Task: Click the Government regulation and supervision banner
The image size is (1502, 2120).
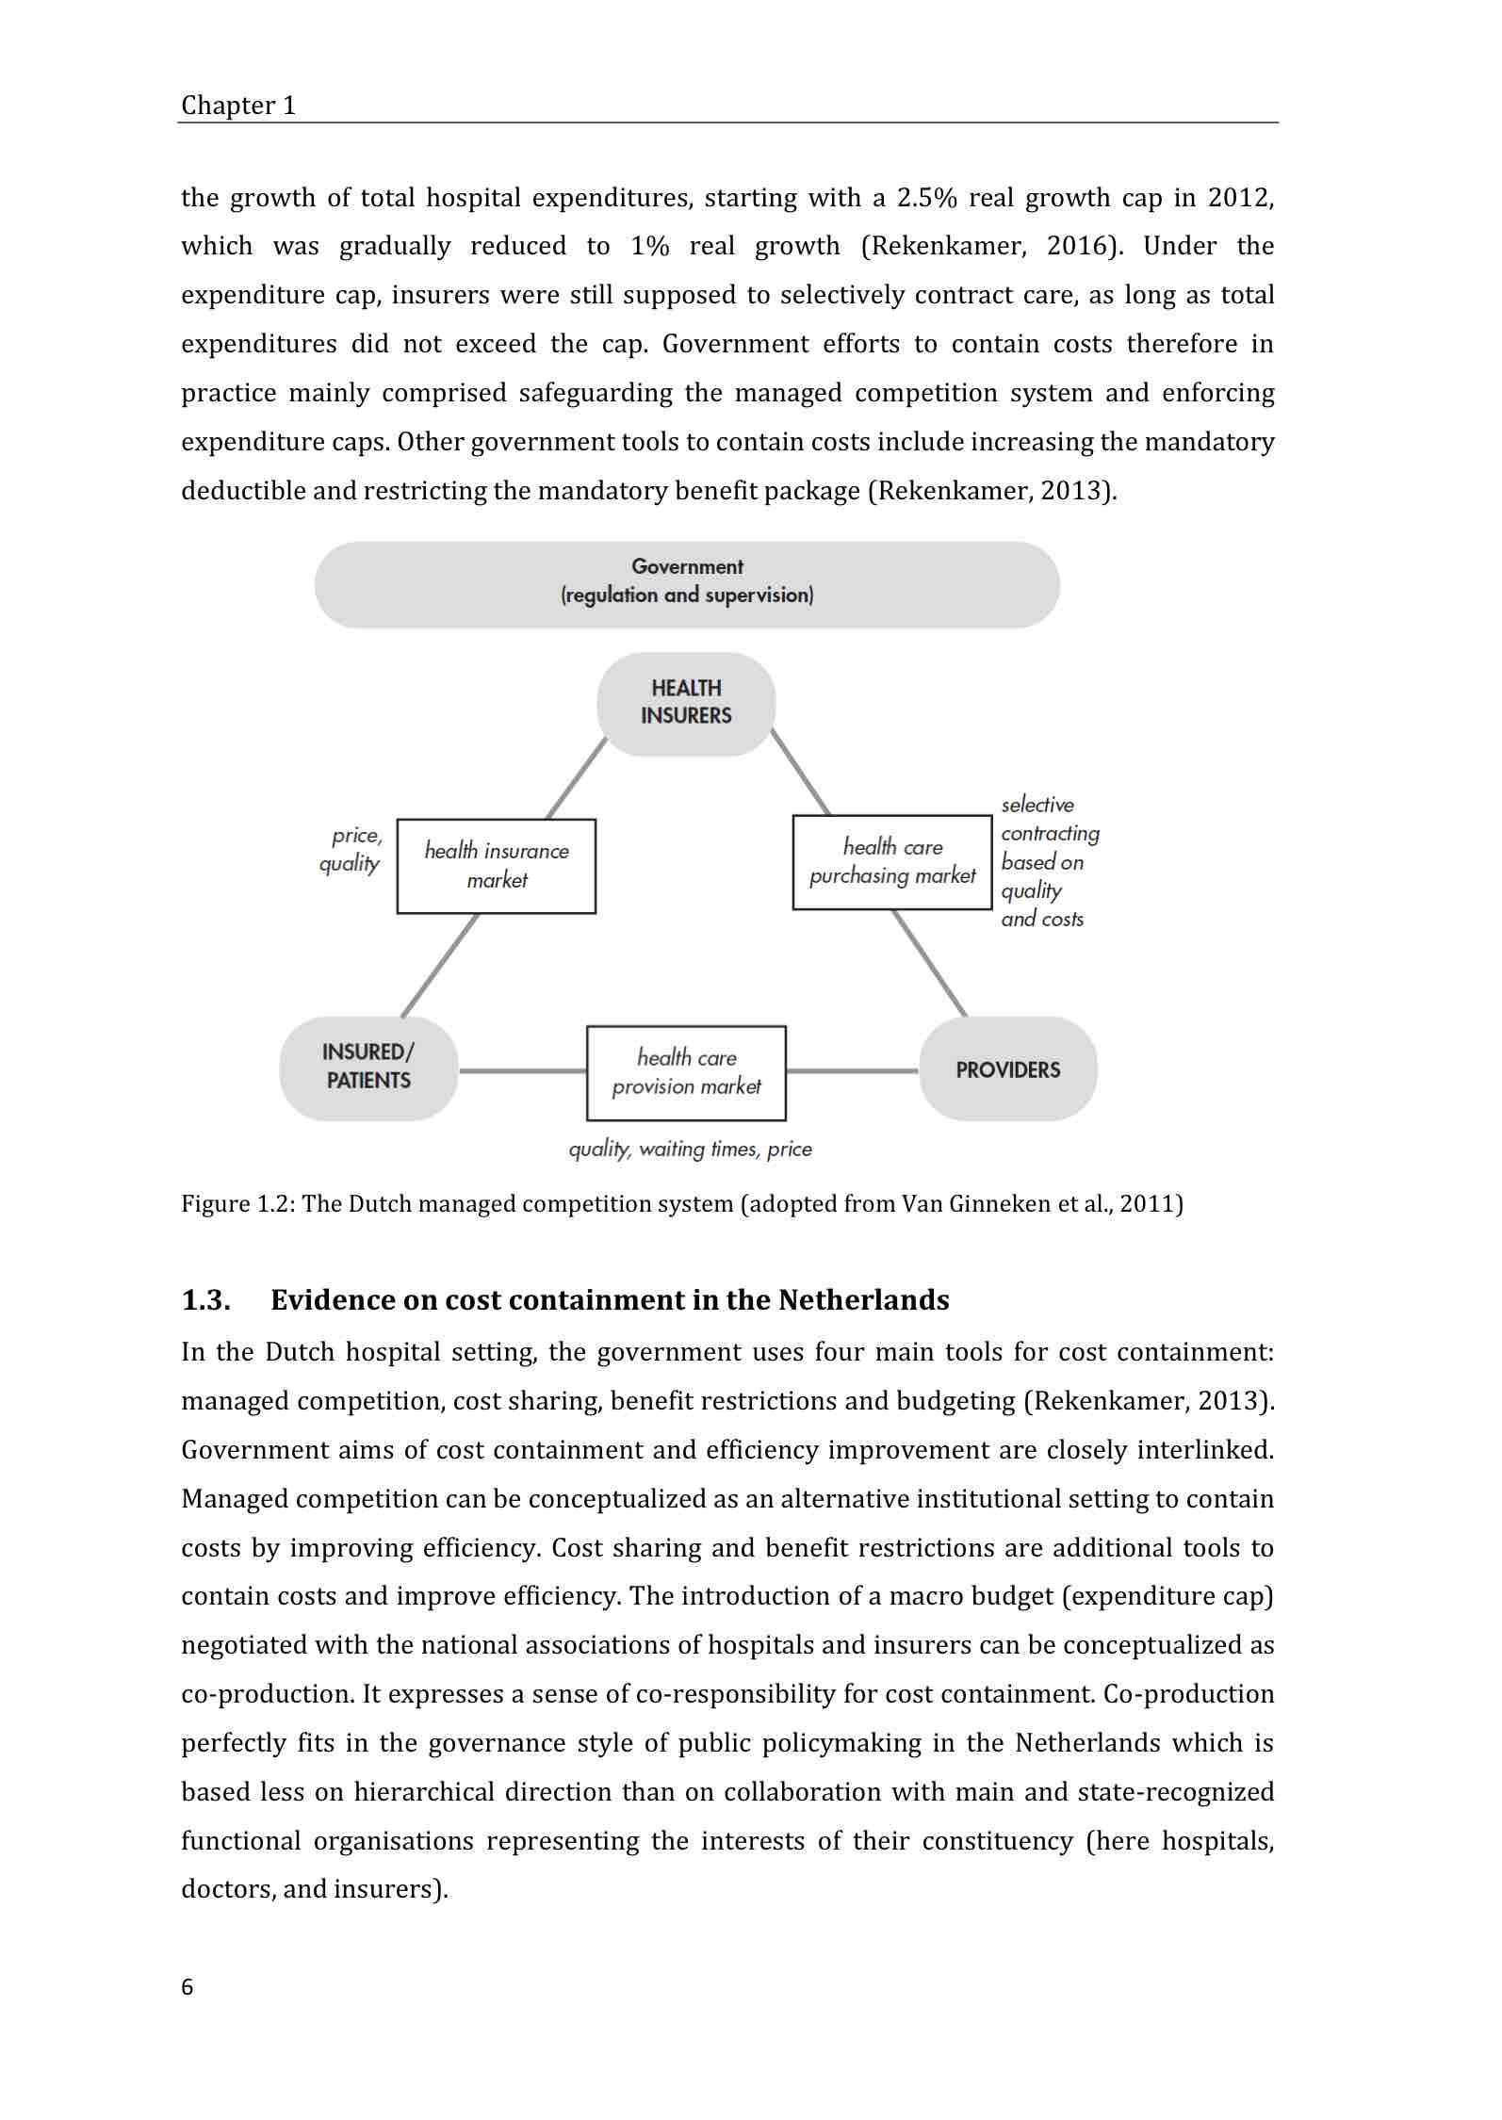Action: tap(686, 584)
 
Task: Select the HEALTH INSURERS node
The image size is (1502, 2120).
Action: tap(686, 703)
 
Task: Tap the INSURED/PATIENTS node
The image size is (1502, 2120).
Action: tap(368, 1068)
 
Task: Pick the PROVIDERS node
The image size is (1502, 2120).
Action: tap(1007, 1069)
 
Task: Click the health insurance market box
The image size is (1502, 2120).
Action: tap(497, 866)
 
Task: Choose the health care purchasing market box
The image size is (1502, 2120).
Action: tap(892, 862)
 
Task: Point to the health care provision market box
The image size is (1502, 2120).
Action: tap(686, 1072)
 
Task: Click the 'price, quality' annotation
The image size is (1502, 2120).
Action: tap(352, 850)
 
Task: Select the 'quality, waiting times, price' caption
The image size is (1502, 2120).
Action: tap(690, 1150)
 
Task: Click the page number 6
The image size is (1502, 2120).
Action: tap(187, 1987)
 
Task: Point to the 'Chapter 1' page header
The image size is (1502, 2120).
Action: tap(238, 106)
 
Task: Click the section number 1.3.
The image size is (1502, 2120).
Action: tap(205, 1300)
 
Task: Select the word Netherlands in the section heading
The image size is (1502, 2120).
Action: tap(863, 1300)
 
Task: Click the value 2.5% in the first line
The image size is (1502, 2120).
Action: tap(927, 198)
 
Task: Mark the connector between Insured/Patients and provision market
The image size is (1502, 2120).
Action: tap(522, 1070)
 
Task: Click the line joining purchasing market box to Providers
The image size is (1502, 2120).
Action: tap(929, 962)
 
